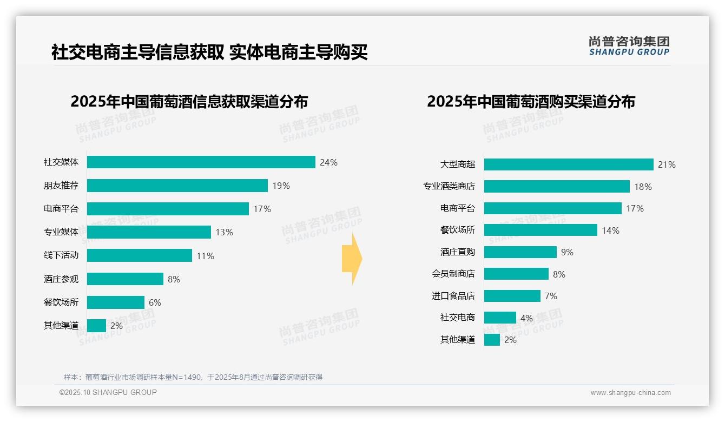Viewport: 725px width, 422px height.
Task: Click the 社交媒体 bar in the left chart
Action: coord(201,162)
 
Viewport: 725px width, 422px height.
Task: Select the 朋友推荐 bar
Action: coord(177,186)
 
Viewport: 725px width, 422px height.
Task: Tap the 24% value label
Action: coord(328,162)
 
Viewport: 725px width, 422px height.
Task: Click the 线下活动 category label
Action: coord(61,255)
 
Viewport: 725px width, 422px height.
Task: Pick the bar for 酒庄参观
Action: coord(125,279)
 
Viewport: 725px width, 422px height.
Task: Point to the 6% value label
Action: coord(155,302)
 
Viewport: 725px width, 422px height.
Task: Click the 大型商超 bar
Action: coord(569,164)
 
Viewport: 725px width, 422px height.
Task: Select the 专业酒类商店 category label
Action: coord(449,187)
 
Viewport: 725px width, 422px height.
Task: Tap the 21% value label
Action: coord(667,164)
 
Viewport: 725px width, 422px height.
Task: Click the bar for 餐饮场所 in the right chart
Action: coord(541,230)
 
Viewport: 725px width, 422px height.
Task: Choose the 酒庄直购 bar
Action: coord(520,252)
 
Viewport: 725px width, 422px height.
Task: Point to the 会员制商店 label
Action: coord(453,274)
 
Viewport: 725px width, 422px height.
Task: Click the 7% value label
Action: coord(551,296)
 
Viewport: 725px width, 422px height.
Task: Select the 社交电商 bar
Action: coord(500,318)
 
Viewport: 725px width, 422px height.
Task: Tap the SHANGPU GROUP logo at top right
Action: coord(629,46)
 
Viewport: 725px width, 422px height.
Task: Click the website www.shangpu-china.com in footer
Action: coord(630,393)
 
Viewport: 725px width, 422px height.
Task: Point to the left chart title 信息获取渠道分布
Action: coord(189,102)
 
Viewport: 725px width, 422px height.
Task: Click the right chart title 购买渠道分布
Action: coord(531,102)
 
